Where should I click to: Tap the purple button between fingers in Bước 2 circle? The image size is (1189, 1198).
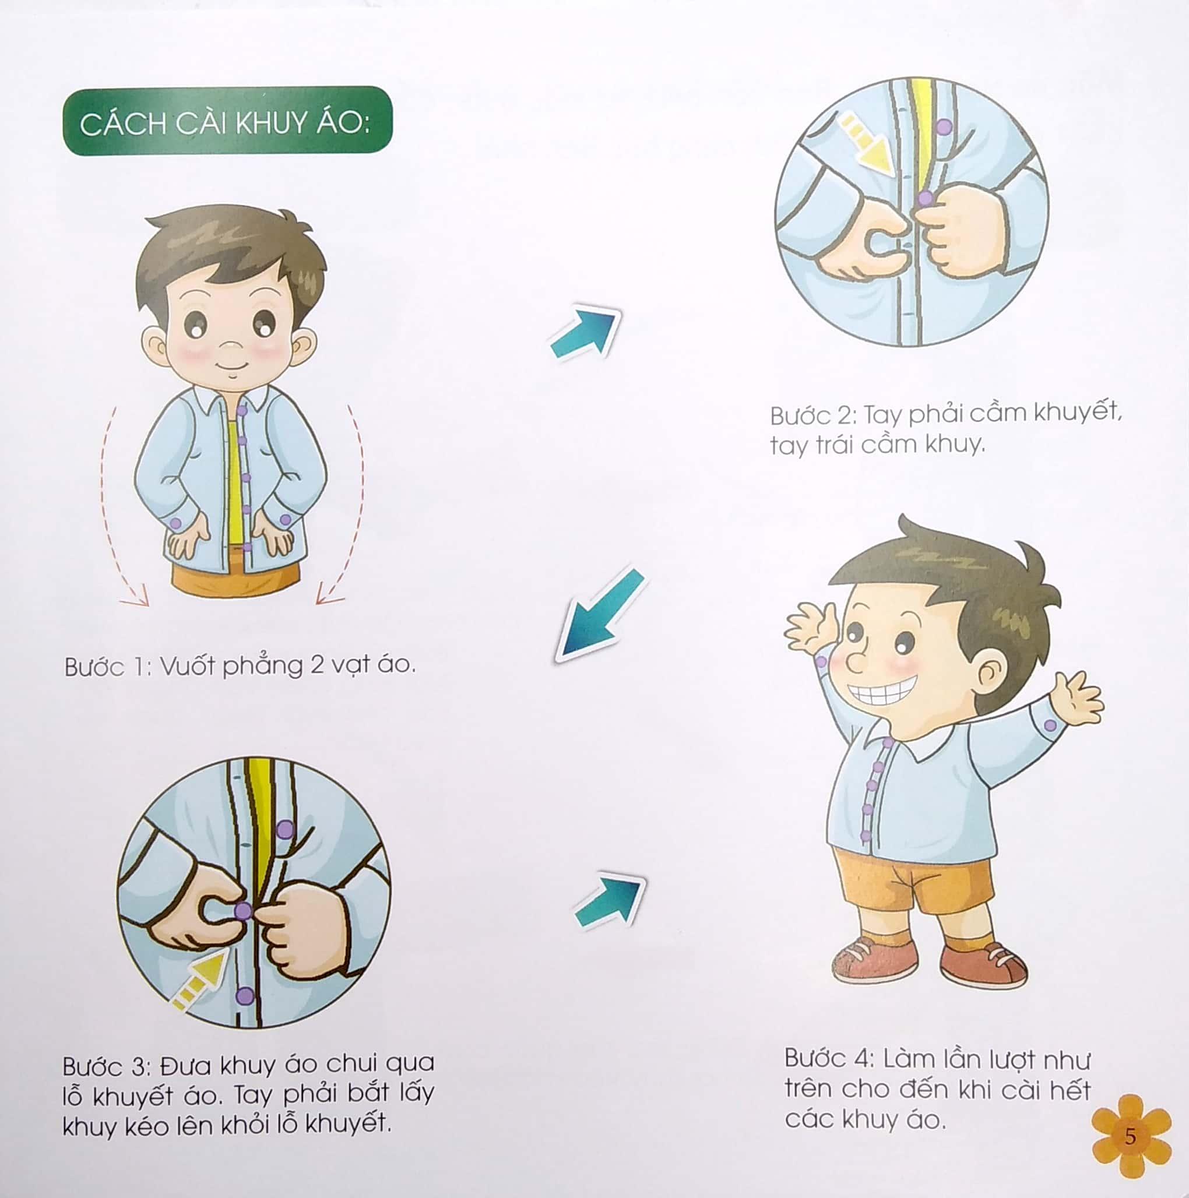(925, 199)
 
